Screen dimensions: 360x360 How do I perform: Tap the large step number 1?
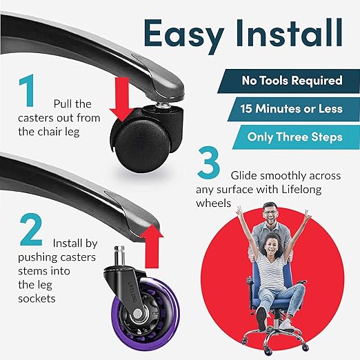tap(27, 90)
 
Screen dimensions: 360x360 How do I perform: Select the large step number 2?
tap(31, 230)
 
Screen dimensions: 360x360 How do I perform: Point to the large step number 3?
tap(209, 162)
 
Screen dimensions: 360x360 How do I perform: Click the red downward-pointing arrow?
tap(121, 99)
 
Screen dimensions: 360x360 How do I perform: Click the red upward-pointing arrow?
tap(152, 246)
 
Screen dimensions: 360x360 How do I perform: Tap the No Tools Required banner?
tap(288, 81)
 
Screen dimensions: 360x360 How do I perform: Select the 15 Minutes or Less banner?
tap(294, 109)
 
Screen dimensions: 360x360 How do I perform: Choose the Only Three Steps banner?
tap(296, 137)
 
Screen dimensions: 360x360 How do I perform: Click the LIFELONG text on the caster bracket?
tap(133, 292)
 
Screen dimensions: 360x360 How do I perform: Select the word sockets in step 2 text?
tap(37, 299)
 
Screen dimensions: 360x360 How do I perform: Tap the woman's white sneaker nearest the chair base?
tap(287, 324)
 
